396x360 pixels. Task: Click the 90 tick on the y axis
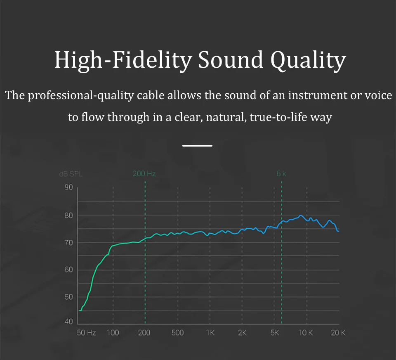69,187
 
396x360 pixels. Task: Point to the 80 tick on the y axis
69,216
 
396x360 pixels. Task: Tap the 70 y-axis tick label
69,243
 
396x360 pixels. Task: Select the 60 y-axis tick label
69,270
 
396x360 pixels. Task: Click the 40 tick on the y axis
69,321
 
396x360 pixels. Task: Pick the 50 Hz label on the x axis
86,333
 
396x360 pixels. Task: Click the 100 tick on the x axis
113,333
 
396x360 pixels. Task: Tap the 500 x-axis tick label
177,333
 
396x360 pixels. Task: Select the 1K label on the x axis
210,333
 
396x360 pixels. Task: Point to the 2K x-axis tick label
242,333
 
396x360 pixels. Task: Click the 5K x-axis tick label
275,333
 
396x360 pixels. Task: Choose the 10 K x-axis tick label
306,333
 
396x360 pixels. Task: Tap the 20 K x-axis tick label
338,333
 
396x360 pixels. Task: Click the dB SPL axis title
71,174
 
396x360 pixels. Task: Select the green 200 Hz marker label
144,174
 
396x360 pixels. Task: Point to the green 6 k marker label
281,174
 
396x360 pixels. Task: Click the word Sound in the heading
231,60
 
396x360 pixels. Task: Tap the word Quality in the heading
308,61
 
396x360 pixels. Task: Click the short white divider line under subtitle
197,146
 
